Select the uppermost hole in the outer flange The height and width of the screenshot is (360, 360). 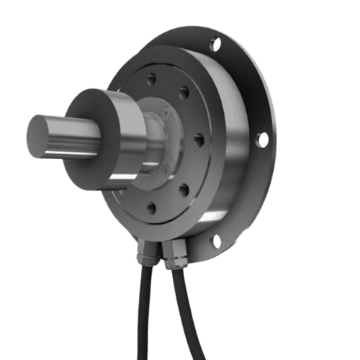(215, 45)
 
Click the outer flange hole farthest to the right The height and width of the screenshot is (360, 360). (263, 139)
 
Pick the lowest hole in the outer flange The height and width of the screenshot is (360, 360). (214, 241)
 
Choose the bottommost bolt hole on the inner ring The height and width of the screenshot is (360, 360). (151, 209)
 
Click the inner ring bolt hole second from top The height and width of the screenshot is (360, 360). (184, 91)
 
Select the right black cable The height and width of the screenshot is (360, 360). (190, 317)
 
